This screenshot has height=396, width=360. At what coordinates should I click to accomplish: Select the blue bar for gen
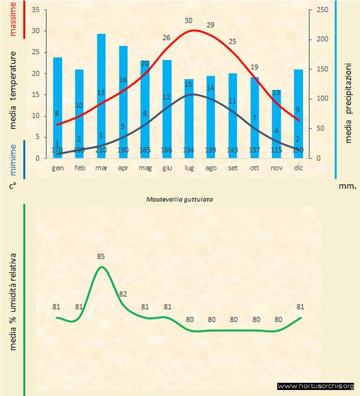(58, 102)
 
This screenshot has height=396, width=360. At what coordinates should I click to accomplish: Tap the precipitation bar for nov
(276, 120)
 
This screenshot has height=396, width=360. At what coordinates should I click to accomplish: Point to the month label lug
(189, 168)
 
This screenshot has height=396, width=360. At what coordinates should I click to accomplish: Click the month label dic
(298, 168)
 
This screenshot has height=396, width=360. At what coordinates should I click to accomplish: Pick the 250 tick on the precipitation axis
(323, 10)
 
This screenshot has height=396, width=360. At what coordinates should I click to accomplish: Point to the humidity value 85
(101, 257)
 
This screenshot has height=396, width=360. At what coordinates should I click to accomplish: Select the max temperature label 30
(188, 20)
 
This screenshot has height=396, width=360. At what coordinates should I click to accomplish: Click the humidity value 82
(123, 294)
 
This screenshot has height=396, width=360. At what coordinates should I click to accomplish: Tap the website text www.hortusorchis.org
(316, 386)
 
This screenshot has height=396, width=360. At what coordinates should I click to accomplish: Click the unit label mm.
(347, 186)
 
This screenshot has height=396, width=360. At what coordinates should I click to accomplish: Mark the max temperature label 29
(210, 25)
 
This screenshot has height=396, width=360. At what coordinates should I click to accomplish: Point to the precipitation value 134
(188, 149)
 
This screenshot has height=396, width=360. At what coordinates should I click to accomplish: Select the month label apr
(123, 168)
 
